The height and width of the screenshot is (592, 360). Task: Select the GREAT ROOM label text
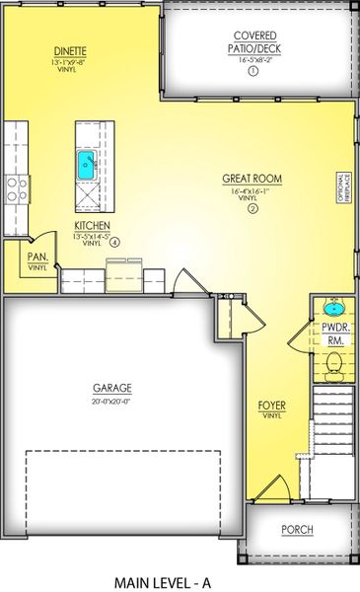(252, 179)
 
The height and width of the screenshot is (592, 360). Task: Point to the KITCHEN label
(91, 226)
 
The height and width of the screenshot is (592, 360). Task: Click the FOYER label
(271, 405)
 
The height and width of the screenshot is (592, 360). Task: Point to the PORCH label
(297, 530)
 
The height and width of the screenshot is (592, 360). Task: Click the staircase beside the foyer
(331, 443)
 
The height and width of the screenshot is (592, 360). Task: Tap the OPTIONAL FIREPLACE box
(345, 187)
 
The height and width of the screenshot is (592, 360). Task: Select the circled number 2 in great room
(252, 209)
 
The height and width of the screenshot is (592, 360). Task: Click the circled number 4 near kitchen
(115, 241)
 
